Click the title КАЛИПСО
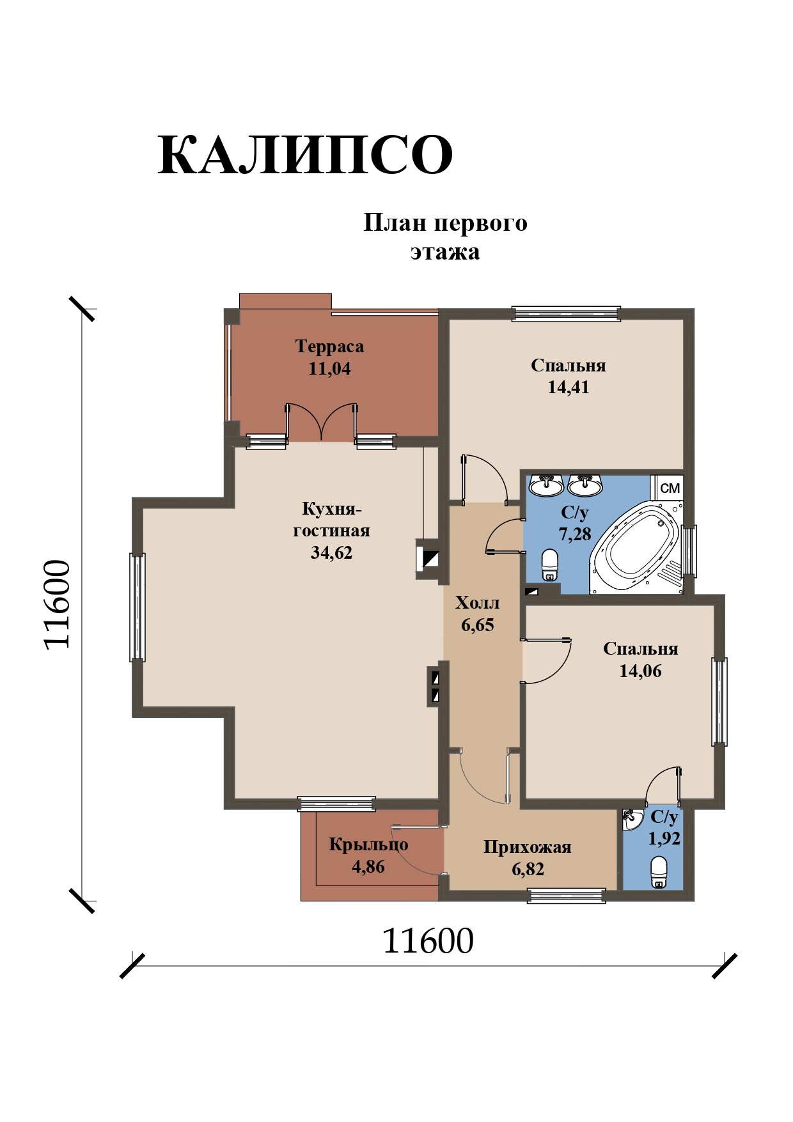point(305,155)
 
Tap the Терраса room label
point(329,347)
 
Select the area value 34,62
point(331,552)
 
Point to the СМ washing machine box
point(670,488)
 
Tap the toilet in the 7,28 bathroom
point(549,565)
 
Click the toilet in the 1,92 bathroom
point(659,872)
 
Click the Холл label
point(477,603)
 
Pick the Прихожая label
point(527,847)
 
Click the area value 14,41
point(568,387)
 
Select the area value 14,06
point(640,671)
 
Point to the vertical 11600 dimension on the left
point(56,605)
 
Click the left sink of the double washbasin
point(546,485)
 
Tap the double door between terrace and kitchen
point(321,422)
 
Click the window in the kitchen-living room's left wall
point(137,607)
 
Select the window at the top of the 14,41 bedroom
point(567,313)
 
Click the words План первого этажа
point(445,237)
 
